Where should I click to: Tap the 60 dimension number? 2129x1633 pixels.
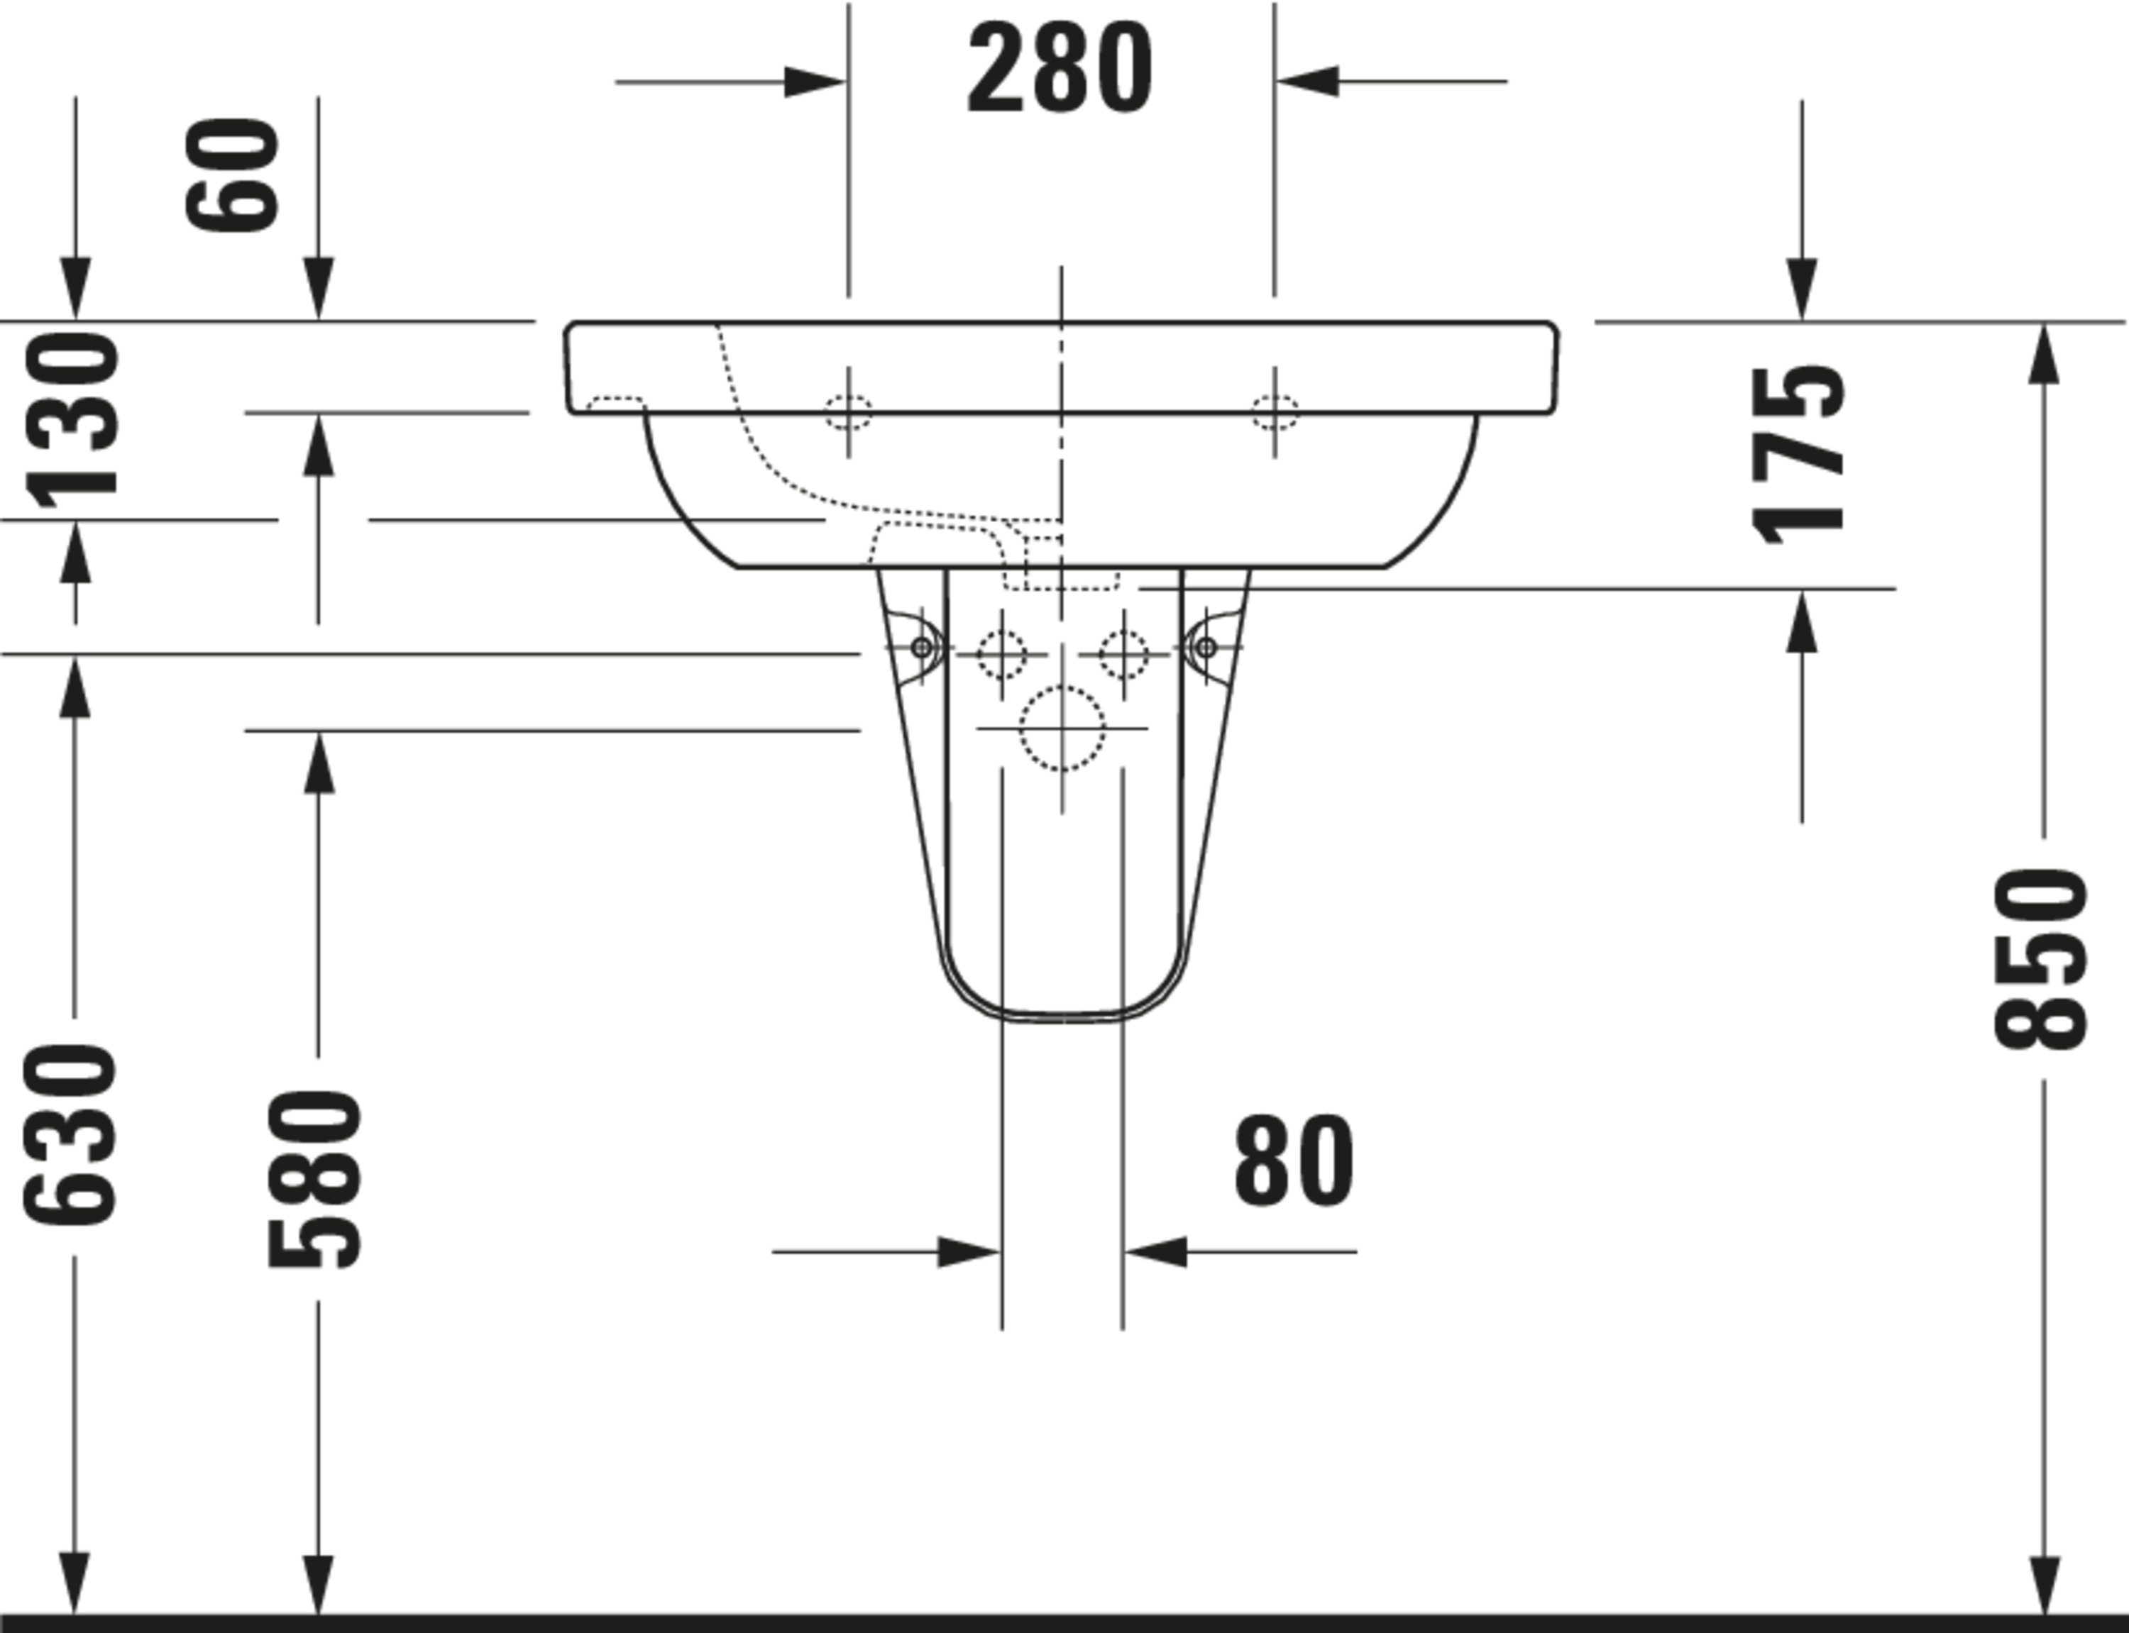pos(232,175)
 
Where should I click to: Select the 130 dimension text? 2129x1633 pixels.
pos(71,421)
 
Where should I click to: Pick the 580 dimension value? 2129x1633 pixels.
pos(314,1180)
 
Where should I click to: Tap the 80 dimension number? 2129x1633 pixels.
pos(1293,1161)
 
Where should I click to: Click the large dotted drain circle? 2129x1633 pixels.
pos(1062,728)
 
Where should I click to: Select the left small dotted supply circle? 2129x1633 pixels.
pos(1001,654)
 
